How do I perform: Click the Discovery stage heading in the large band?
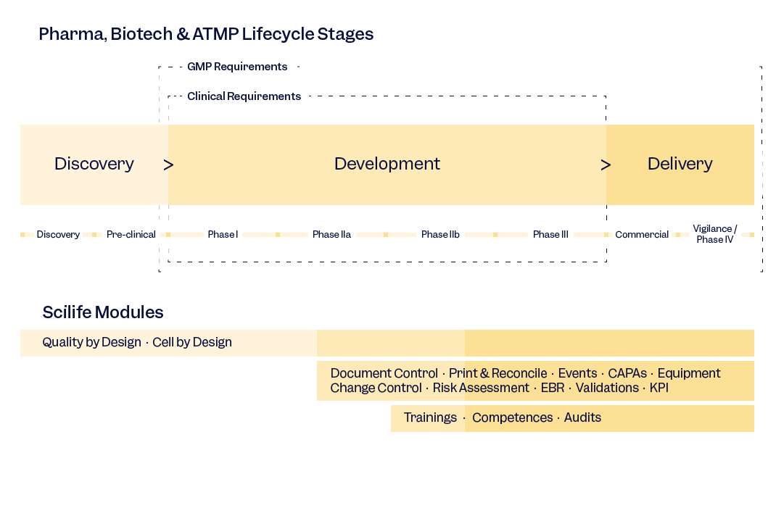[x=94, y=165]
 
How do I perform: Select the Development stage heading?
[x=387, y=165]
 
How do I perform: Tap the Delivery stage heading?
[x=680, y=165]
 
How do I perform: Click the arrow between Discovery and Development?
[x=168, y=165]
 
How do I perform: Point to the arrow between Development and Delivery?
[x=606, y=165]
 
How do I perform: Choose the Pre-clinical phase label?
[x=131, y=235]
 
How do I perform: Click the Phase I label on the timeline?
[x=223, y=235]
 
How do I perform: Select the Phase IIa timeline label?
[x=332, y=235]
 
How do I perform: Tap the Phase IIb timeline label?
[x=440, y=235]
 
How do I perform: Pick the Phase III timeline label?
[x=550, y=235]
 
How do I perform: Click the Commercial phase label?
[x=642, y=235]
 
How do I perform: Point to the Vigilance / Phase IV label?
[x=715, y=234]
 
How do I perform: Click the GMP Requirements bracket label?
[x=237, y=67]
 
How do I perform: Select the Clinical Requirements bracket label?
[x=244, y=96]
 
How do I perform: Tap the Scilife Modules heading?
[x=103, y=312]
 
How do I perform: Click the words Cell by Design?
[x=192, y=342]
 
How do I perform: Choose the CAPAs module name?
[x=627, y=373]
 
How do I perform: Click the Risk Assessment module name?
[x=481, y=388]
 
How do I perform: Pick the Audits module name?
[x=582, y=417]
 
